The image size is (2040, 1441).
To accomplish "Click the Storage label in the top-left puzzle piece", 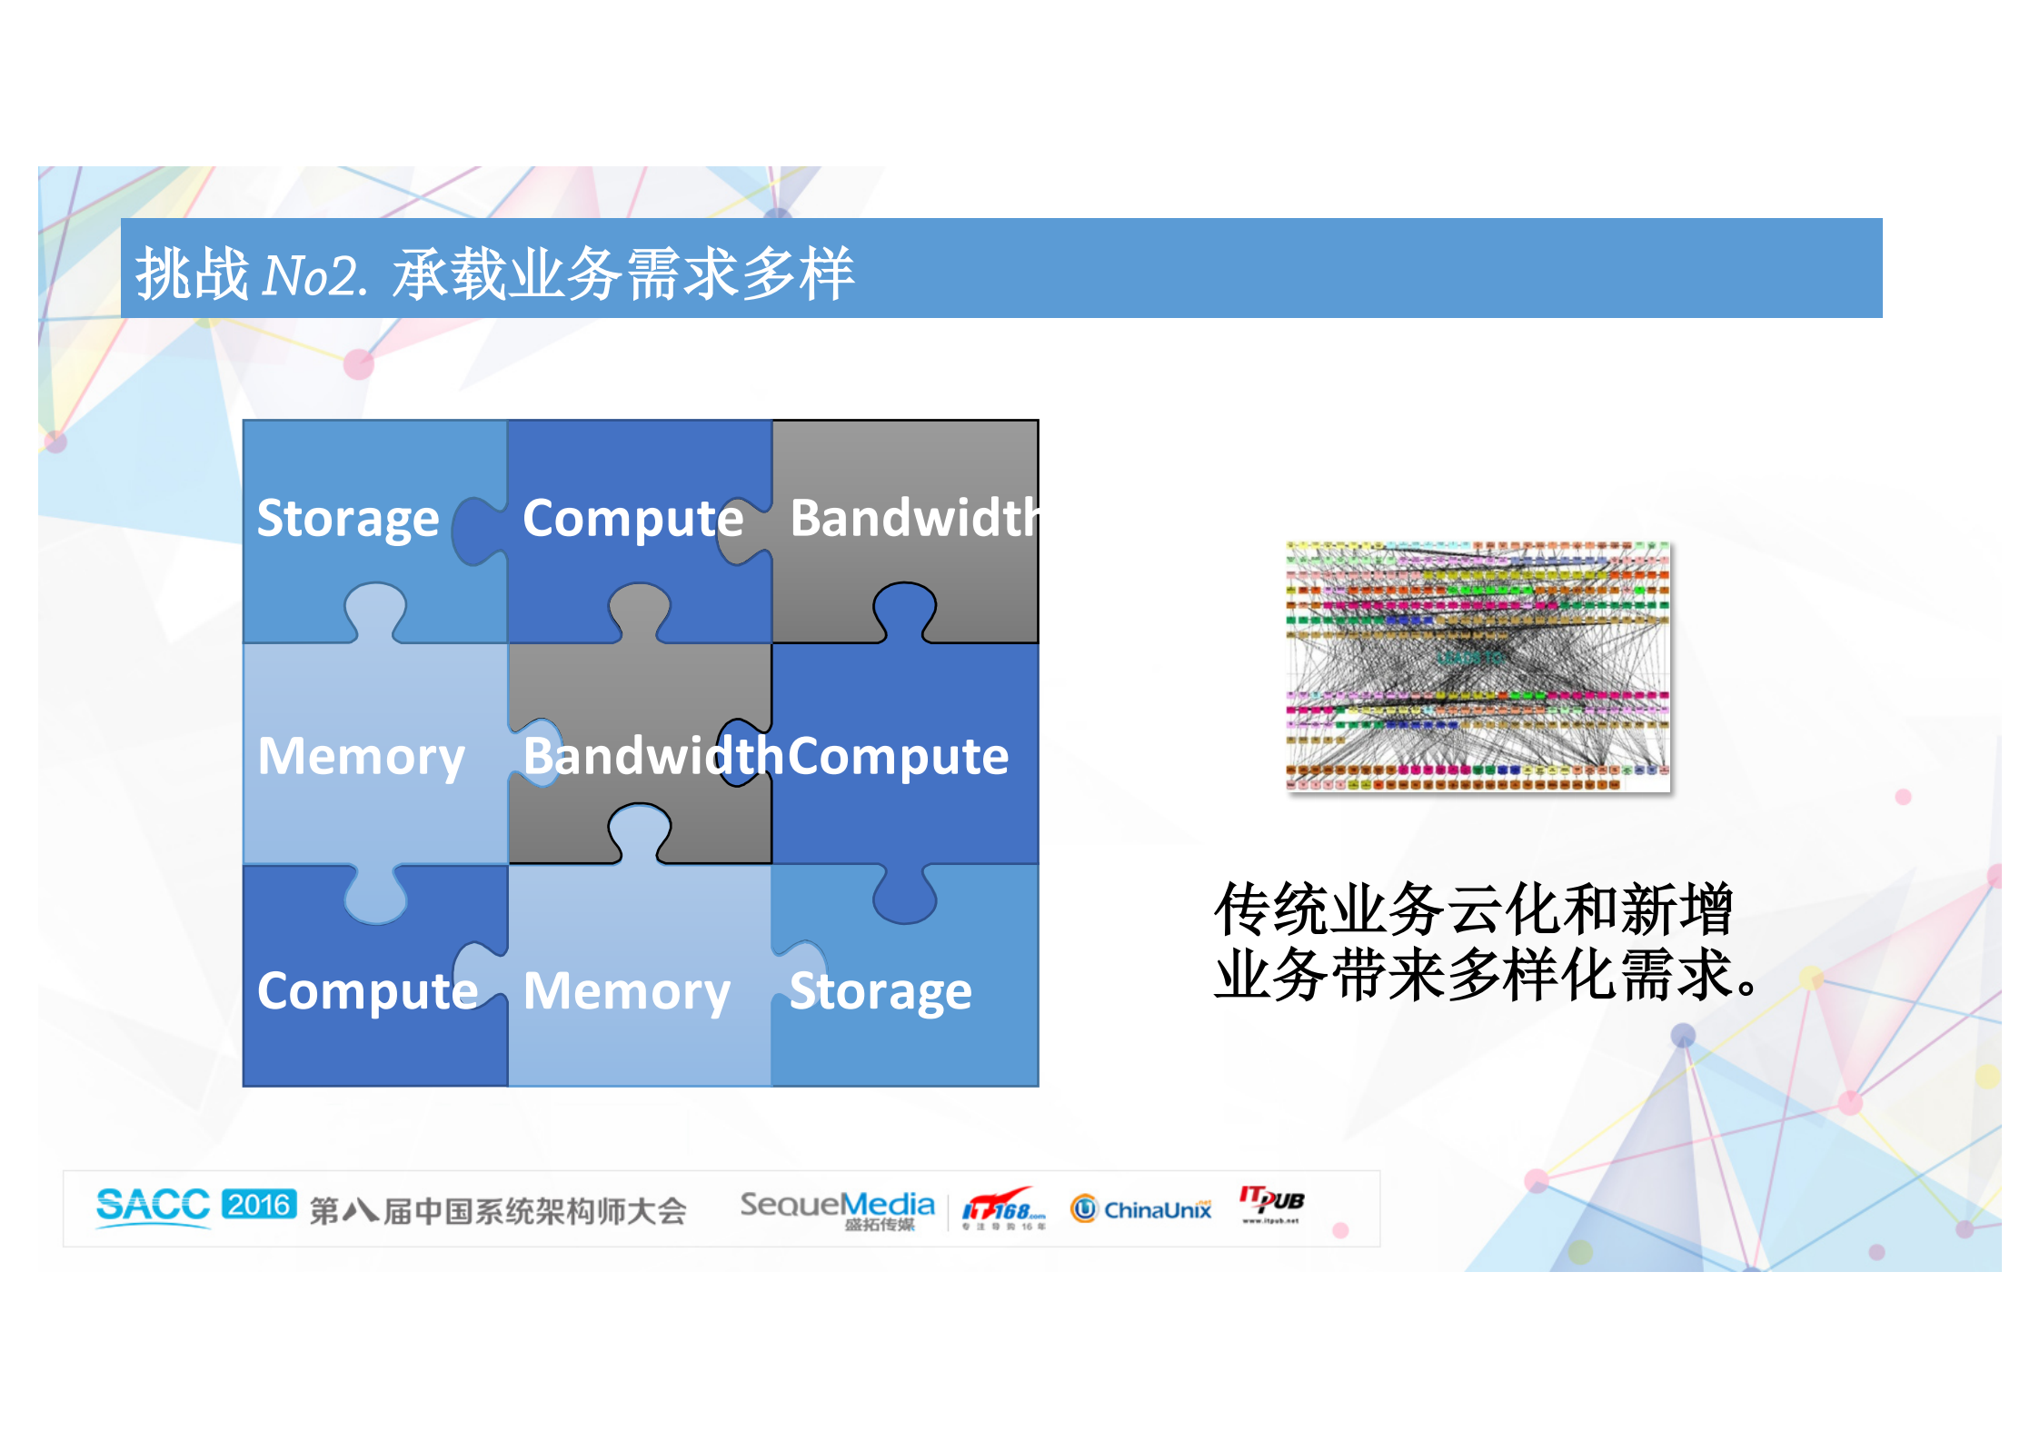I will coord(348,519).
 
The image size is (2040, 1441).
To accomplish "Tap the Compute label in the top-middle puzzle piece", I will coord(632,519).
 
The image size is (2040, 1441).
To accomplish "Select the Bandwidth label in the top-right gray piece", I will coord(913,519).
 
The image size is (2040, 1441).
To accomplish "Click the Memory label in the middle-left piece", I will coord(361,756).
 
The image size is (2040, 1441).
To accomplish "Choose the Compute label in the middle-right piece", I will coord(898,756).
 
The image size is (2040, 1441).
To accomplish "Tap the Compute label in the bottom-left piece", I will coord(367,990).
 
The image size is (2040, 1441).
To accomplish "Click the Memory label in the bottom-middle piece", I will coord(627,990).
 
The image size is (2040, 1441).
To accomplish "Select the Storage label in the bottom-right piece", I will coord(881,990).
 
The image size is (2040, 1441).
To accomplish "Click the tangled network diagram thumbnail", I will coord(1478,666).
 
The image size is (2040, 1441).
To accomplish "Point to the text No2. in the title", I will coord(314,275).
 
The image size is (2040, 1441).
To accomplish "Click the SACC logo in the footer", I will coord(153,1206).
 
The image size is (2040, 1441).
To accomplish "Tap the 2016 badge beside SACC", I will coord(259,1205).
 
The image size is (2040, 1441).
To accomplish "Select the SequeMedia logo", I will coord(837,1207).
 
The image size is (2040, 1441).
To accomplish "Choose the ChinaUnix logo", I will coord(1141,1209).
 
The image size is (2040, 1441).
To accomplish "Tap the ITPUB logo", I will coord(1271,1203).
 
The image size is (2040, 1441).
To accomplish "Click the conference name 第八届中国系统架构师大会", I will coord(498,1211).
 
